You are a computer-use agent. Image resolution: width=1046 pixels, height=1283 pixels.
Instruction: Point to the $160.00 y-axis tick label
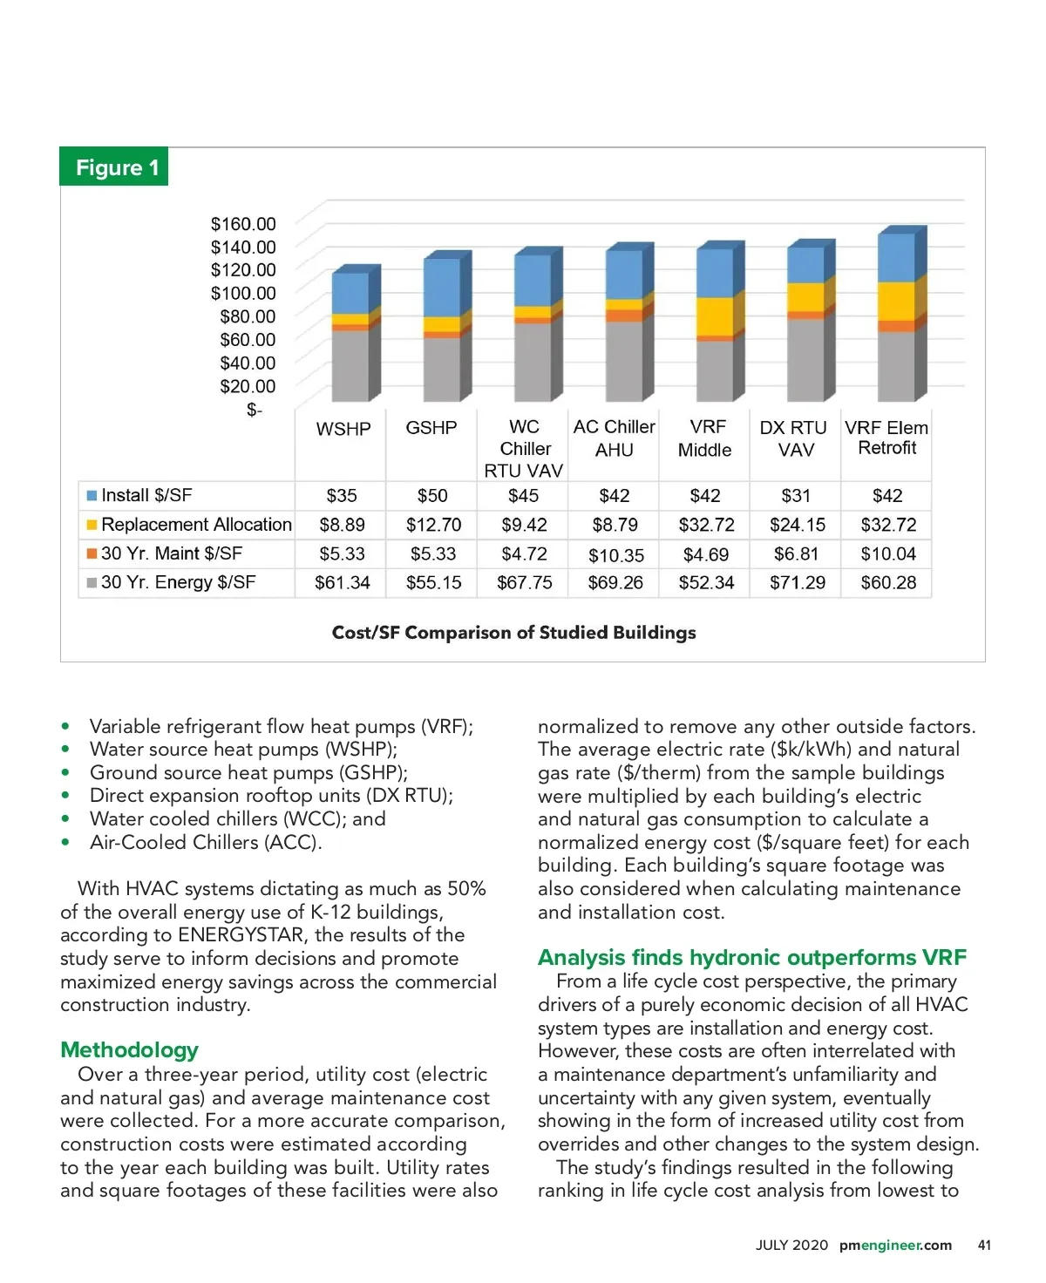(x=243, y=224)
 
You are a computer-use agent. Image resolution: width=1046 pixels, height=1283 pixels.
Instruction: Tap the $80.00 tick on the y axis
(x=248, y=316)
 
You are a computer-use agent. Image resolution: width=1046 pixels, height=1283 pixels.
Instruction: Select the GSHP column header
(x=431, y=428)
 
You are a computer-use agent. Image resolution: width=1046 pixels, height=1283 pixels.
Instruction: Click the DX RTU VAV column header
(x=793, y=438)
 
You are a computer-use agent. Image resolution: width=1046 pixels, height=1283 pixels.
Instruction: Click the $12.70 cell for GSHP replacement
(x=433, y=525)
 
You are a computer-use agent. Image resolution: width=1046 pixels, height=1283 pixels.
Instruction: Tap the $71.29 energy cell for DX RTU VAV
(x=797, y=582)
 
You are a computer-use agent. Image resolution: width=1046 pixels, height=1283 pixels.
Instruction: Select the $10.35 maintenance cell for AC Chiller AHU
(x=615, y=554)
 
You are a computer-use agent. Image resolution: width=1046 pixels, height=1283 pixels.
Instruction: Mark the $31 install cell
(x=796, y=496)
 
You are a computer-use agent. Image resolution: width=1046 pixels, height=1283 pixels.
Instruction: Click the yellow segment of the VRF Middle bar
(x=715, y=317)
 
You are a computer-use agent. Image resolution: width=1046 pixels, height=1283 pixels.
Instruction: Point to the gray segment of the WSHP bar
(x=350, y=364)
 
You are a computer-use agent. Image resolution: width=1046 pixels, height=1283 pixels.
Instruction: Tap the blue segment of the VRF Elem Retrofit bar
(x=896, y=256)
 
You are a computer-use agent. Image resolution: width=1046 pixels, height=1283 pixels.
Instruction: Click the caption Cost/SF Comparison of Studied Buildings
(x=514, y=633)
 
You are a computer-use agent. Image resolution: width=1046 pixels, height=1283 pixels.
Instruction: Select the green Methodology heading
(x=129, y=1049)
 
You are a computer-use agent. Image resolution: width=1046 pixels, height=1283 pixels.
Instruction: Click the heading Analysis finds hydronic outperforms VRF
(x=751, y=957)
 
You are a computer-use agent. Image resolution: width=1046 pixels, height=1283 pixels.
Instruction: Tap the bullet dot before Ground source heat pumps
(x=65, y=773)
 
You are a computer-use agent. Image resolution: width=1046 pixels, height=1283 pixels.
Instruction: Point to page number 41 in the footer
(x=984, y=1245)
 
